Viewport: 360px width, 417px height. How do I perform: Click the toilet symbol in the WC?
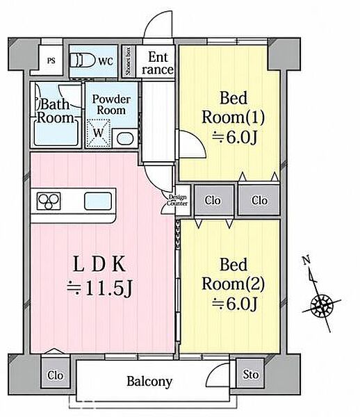point(82,61)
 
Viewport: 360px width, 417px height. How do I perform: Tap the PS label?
point(51,60)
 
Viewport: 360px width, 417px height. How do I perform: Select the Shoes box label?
point(129,61)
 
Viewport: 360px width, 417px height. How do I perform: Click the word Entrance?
point(158,63)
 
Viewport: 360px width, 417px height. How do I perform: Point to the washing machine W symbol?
point(99,133)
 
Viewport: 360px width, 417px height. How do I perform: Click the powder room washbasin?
point(125,138)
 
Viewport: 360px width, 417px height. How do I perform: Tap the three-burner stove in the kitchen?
point(49,201)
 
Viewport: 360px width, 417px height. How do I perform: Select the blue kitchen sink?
point(98,202)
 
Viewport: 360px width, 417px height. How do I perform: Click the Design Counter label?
point(177,200)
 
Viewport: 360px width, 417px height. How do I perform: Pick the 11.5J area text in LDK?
point(99,289)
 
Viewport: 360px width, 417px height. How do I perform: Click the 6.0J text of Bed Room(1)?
point(235,138)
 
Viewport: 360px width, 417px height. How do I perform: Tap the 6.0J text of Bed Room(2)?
point(235,304)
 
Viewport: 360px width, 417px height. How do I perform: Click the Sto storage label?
point(250,375)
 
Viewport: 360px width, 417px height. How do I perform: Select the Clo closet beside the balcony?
point(56,375)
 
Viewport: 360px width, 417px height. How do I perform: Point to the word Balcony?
point(149,382)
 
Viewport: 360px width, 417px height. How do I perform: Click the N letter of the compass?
point(306,259)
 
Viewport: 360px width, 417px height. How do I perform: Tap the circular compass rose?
point(322,306)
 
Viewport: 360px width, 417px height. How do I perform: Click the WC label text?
point(106,61)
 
